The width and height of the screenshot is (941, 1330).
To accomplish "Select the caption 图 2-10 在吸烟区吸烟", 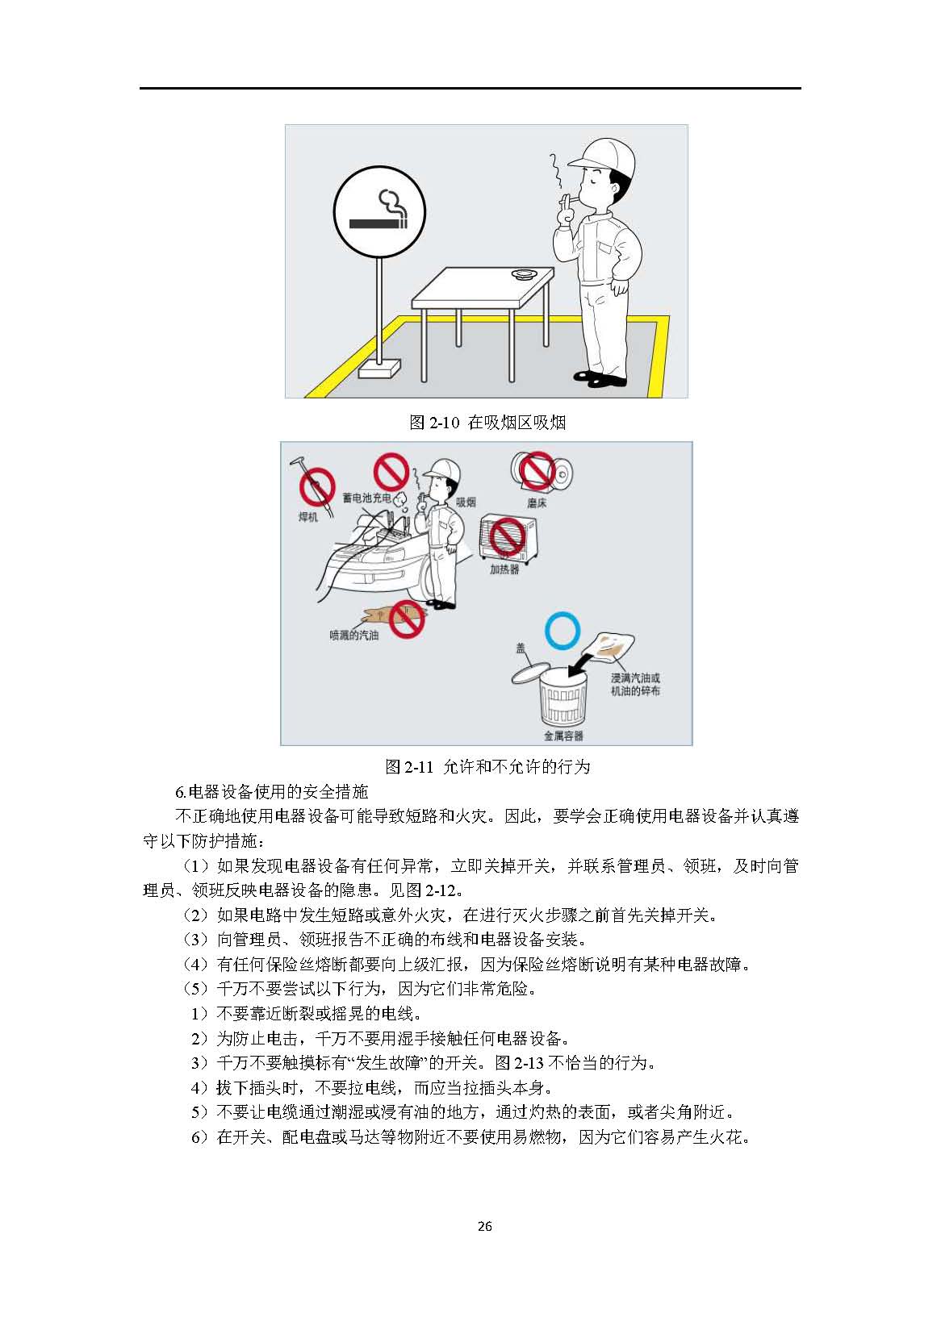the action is (487, 423).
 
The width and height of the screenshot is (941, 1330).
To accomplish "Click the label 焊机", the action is (307, 517).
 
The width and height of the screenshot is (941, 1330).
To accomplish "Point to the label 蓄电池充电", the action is (366, 498).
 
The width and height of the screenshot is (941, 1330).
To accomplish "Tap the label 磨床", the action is (537, 503).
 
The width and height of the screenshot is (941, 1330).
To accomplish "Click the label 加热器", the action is (504, 569).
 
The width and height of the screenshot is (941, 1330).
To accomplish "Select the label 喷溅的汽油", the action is (353, 636).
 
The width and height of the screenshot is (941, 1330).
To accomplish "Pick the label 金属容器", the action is (563, 736).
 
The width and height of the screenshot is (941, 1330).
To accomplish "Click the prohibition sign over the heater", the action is (507, 536).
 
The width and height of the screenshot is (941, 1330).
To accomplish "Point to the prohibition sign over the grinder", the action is (537, 469).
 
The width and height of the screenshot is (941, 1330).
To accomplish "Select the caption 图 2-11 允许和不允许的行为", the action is (487, 767).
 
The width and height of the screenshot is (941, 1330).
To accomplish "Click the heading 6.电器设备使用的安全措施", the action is (271, 791).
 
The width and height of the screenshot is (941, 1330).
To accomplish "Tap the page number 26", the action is (485, 1226).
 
